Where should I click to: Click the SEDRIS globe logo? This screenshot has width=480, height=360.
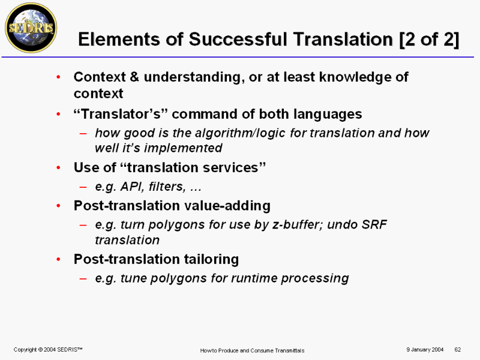[31, 28]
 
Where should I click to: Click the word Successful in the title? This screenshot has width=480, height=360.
[238, 40]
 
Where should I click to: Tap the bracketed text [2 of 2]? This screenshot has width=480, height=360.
[429, 40]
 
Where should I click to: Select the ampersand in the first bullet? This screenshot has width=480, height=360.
[134, 77]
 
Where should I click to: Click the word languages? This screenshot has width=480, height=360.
[328, 115]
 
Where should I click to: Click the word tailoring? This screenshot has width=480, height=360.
[211, 259]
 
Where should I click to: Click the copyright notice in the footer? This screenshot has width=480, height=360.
[48, 350]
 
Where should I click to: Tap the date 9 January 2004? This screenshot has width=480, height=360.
[425, 350]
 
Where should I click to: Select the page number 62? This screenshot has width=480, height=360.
[458, 350]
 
